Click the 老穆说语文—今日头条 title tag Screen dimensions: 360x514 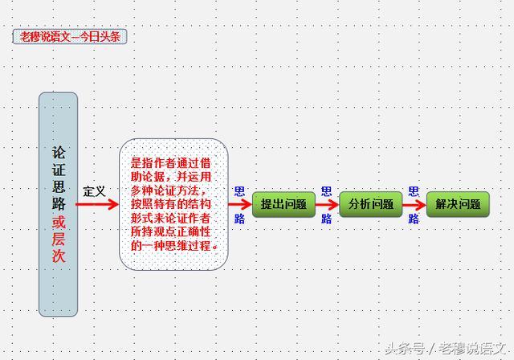pos(70,36)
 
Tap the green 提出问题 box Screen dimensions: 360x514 pos(284,204)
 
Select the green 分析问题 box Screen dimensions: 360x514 pos(370,204)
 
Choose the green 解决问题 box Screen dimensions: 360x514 pos(457,204)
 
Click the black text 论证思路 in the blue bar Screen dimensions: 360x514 pos(59,178)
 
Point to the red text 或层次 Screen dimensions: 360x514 pos(59,239)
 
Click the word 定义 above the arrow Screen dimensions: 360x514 pos(95,191)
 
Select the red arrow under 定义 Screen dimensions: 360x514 pos(97,205)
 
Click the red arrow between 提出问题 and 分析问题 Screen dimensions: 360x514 pos(327,204)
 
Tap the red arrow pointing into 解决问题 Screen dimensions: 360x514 pos(414,204)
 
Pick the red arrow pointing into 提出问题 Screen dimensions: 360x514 pos(240,205)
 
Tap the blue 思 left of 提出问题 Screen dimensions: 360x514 pos(239,191)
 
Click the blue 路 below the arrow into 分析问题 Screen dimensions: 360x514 pos(326,219)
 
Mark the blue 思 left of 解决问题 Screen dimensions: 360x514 pos(413,191)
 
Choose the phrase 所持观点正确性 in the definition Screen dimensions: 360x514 pos(172,231)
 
